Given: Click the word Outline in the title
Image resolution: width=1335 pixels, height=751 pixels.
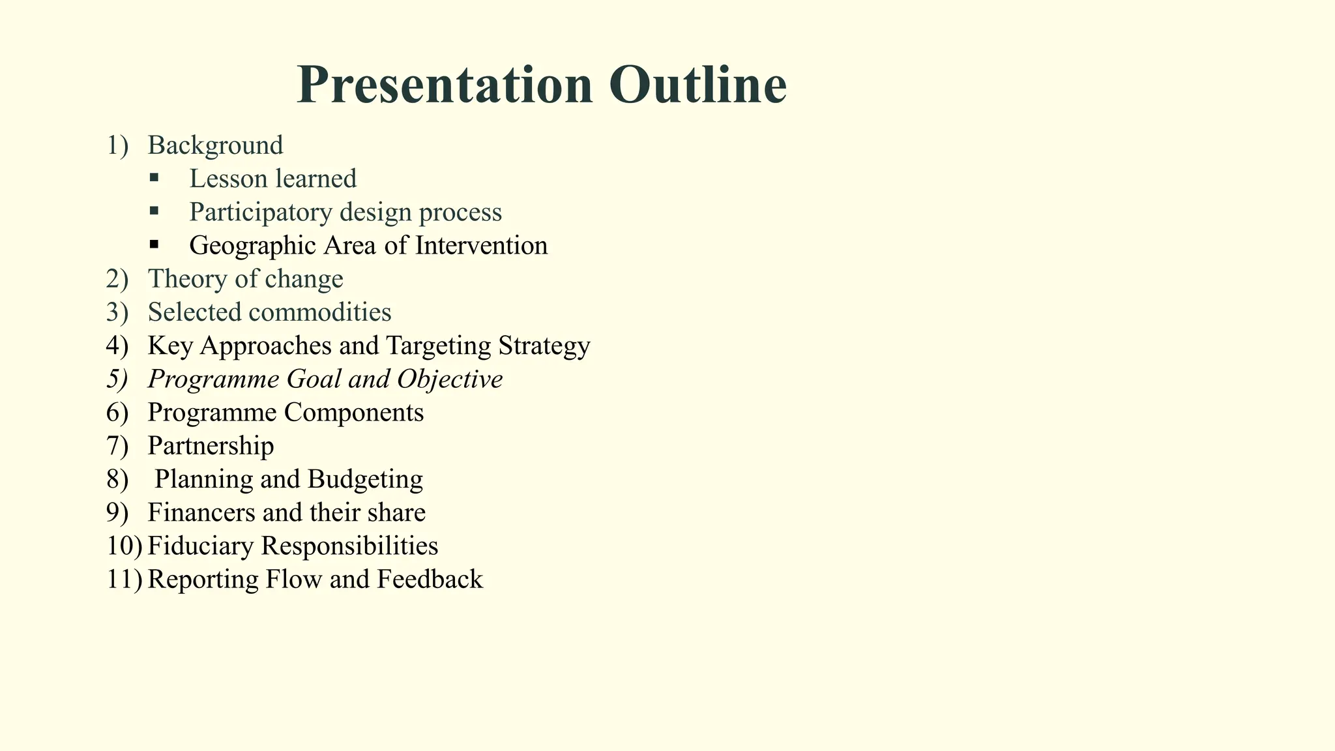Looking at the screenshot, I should click(697, 85).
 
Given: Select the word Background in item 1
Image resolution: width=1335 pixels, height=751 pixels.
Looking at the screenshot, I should click(215, 145).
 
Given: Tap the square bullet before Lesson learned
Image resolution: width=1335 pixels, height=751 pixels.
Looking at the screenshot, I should click(154, 177).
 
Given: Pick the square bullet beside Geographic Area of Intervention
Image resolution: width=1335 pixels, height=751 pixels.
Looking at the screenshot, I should click(154, 244).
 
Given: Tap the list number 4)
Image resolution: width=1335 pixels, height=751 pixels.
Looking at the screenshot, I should click(117, 346).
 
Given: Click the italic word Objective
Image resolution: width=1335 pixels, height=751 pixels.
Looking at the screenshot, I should click(450, 379).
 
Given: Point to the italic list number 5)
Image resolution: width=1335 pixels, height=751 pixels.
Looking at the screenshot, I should click(117, 379).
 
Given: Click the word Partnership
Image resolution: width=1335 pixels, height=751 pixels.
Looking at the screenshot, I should click(211, 446).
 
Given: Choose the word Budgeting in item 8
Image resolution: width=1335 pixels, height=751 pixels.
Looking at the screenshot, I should click(365, 479).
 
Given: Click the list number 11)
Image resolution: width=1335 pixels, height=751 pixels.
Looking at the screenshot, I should click(123, 579).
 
